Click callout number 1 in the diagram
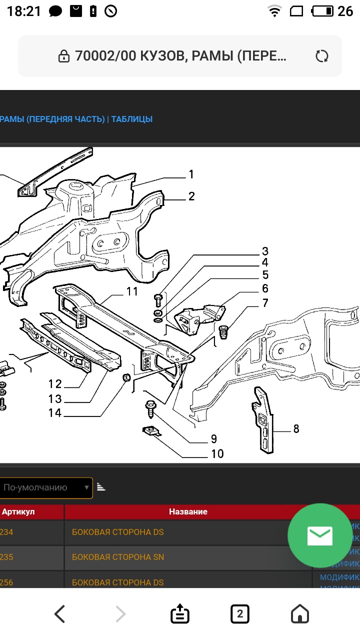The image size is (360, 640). [191, 174]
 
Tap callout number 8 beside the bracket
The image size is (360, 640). [296, 428]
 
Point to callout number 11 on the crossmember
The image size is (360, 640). [131, 291]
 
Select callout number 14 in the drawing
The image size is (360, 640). [55, 413]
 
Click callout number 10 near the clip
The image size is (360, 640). [217, 453]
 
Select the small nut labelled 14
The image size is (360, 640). [126, 376]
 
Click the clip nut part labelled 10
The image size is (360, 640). [151, 430]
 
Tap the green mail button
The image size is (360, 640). [319, 535]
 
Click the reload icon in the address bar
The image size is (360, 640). [322, 56]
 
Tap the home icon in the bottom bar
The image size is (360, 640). [300, 613]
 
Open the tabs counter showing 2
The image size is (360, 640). [240, 613]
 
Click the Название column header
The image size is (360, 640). [188, 511]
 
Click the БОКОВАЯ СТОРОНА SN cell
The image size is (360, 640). [118, 557]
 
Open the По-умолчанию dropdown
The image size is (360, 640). [46, 487]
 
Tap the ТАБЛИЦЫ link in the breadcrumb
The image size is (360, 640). [131, 119]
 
